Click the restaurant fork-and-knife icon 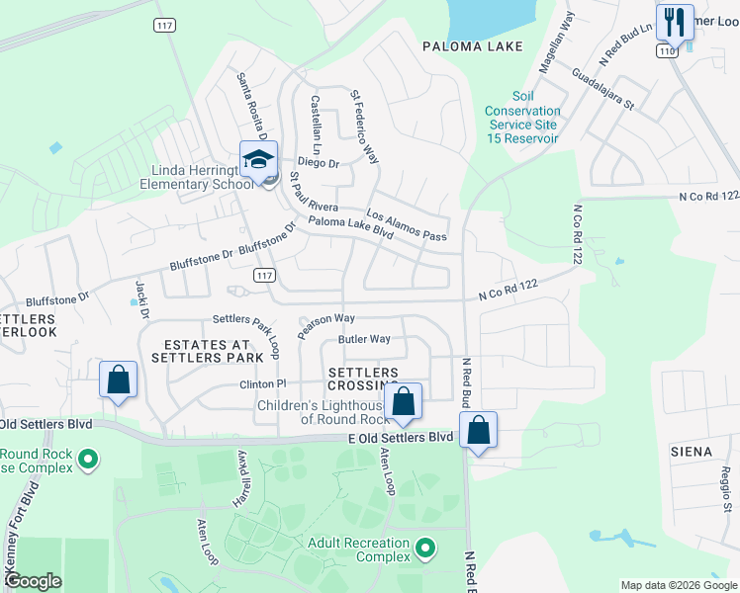coord(675,21)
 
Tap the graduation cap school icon coord(257,160)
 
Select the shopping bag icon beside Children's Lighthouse coord(403,401)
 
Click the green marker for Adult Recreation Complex coord(425,547)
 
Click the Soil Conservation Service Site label coord(522,118)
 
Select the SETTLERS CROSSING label coord(363,379)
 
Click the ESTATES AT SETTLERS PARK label coord(207,351)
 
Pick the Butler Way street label coord(364,339)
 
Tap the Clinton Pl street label coord(262,383)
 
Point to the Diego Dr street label coord(319,164)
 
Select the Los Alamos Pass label coord(407,224)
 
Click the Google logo coord(34,581)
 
